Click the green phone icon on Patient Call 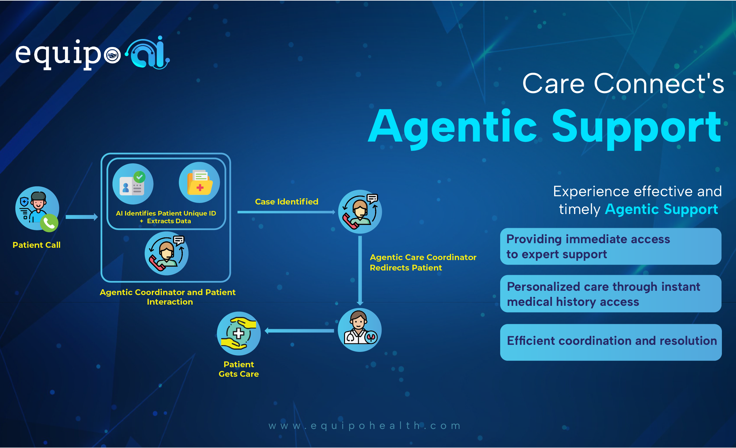[49, 223]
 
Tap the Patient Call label [36, 245]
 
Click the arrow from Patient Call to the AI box [82, 217]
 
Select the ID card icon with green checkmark [133, 184]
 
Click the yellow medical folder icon [199, 182]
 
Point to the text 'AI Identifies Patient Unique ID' [166, 213]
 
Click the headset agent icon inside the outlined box [167, 253]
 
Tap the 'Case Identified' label [287, 202]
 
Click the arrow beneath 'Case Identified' [286, 212]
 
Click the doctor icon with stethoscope [360, 330]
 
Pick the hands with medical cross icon [239, 333]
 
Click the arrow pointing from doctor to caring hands [299, 331]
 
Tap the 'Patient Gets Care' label [239, 369]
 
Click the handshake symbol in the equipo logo [112, 56]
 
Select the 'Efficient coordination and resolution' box [611, 342]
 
